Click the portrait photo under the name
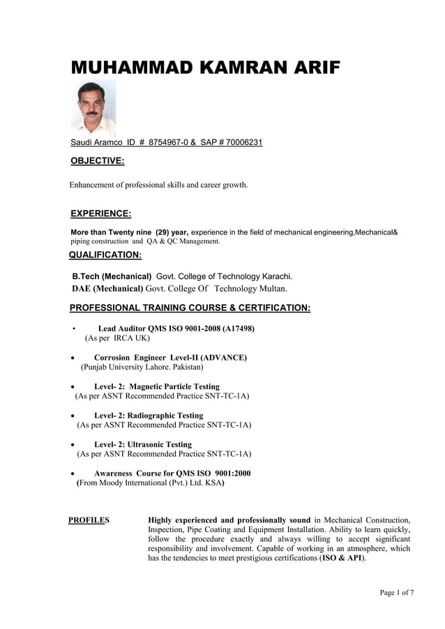click(93, 107)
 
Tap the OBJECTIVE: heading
click(98, 162)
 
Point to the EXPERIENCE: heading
click(101, 213)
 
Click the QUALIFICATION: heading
click(105, 255)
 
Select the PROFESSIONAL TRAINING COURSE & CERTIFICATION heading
click(190, 308)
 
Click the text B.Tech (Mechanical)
click(112, 276)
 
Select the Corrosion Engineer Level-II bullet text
click(170, 358)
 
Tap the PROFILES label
click(89, 520)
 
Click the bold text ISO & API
click(342, 559)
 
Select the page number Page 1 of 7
click(396, 593)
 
